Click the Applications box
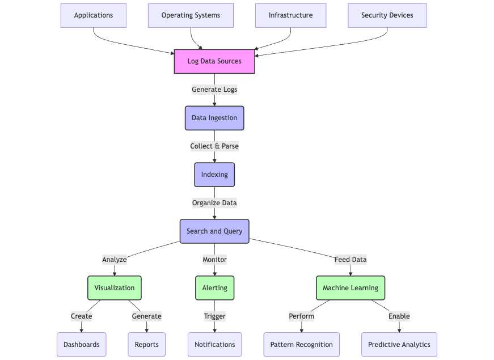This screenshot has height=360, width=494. (x=94, y=15)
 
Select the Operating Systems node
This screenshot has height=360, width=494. (x=191, y=15)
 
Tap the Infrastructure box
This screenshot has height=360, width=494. (x=290, y=15)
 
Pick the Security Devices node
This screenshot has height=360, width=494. (x=387, y=15)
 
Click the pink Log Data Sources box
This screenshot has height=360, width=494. (x=214, y=61)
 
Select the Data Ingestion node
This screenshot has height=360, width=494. (x=214, y=118)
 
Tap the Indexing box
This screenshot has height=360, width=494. (x=214, y=175)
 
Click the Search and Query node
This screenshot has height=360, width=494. (x=214, y=231)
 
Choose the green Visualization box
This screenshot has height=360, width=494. (x=115, y=288)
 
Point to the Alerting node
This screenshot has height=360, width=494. (x=214, y=288)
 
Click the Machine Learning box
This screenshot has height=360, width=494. (x=351, y=288)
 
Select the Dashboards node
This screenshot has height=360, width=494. (x=82, y=345)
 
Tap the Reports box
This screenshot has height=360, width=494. (x=147, y=345)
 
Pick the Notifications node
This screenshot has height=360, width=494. (x=214, y=345)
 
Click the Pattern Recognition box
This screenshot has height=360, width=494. (x=301, y=345)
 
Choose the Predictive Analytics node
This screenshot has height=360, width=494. (x=399, y=345)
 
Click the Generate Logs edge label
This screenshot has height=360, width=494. (x=214, y=90)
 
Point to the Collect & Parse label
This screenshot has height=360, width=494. (x=214, y=146)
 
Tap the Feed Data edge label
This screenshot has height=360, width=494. (x=351, y=260)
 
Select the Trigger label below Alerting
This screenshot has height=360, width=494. (x=214, y=316)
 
